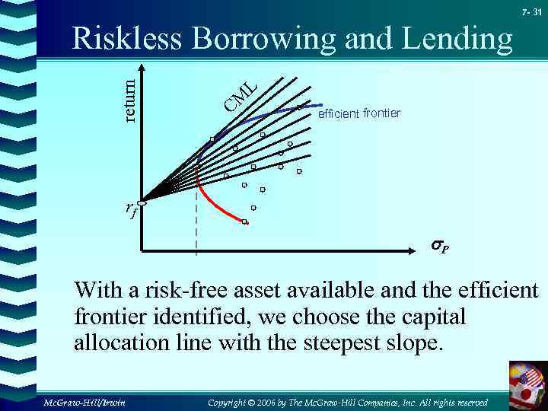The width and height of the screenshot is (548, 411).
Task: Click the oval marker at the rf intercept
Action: point(142,202)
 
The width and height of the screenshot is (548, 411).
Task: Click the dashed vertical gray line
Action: point(196,228)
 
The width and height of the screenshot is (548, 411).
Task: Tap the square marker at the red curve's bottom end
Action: point(244,222)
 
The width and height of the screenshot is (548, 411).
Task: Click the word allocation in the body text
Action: point(129,342)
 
